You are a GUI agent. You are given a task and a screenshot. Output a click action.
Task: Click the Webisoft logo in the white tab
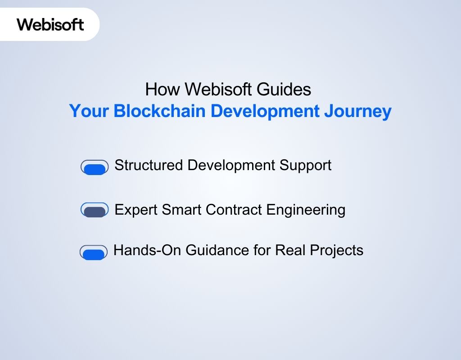click(x=50, y=24)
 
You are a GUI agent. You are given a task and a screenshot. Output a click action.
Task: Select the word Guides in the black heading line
click(x=284, y=90)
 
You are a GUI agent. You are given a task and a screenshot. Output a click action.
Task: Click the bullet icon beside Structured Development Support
click(x=95, y=167)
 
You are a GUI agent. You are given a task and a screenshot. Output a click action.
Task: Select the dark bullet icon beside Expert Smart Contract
click(x=95, y=210)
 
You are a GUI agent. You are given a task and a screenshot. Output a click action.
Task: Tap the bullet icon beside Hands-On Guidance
click(x=94, y=253)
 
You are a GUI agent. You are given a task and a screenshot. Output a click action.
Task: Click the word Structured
click(x=149, y=165)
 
